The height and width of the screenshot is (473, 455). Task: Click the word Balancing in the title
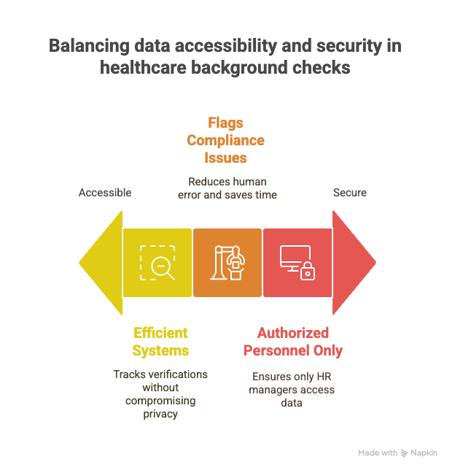coord(89,46)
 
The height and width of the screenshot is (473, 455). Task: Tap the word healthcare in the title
coord(143,67)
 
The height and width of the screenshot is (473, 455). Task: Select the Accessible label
coord(105,193)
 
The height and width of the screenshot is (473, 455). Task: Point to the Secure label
coord(350,193)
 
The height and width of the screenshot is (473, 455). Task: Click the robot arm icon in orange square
coord(227,263)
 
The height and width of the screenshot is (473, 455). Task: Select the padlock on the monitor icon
coord(308,272)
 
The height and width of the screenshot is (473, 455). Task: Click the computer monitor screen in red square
coord(295,256)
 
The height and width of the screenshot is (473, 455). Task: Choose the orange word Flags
coord(225,123)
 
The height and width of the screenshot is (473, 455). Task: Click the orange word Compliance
coord(225,140)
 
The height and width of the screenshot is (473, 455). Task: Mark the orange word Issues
coord(225,158)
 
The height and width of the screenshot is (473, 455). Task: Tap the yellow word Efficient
coord(160,333)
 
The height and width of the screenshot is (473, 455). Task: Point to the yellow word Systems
coord(160,350)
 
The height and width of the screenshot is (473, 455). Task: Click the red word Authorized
coord(293,333)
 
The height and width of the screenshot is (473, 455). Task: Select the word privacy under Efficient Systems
coord(160,414)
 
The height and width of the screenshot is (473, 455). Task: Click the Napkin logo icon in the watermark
coord(404,453)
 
